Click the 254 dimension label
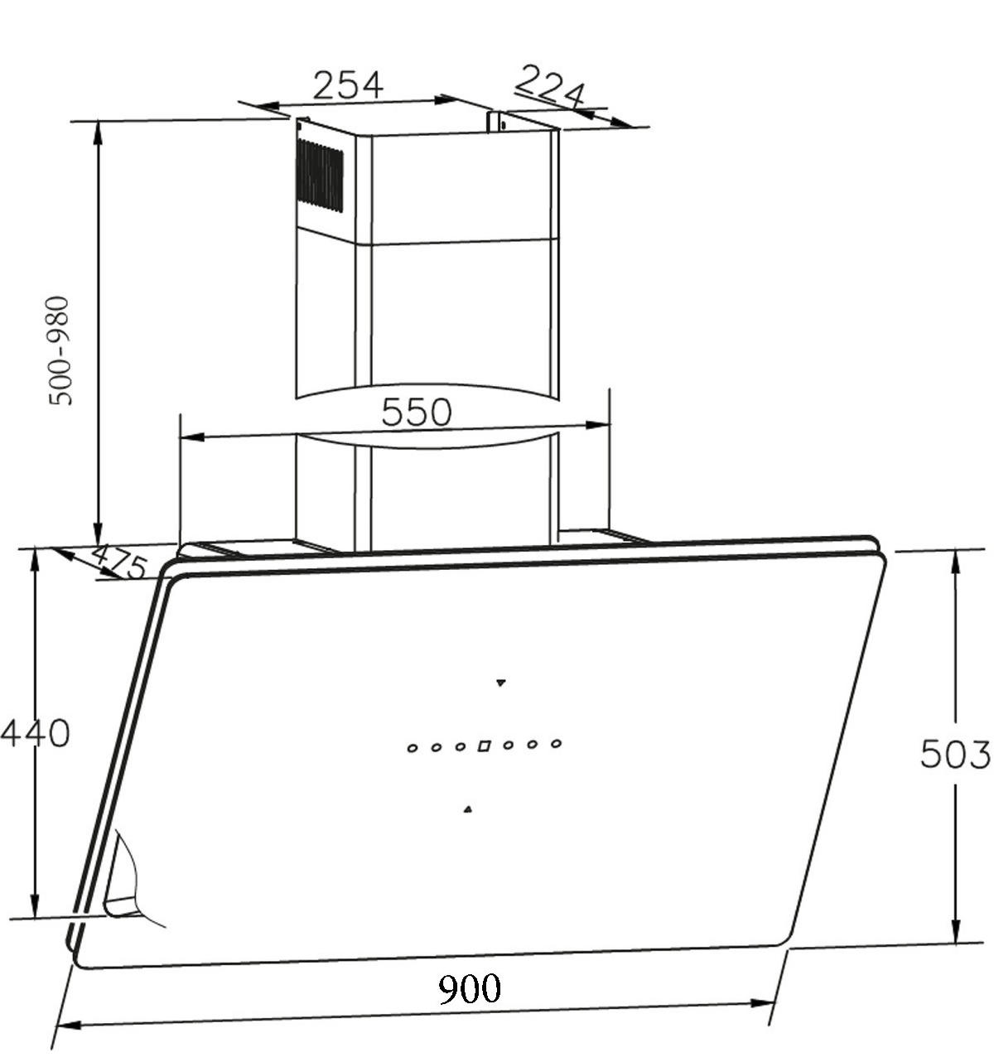[348, 84]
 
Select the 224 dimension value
[550, 85]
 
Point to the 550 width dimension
[416, 412]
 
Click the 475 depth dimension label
[118, 562]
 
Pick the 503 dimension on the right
[954, 755]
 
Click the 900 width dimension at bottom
[470, 988]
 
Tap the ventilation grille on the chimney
[320, 175]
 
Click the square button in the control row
[484, 746]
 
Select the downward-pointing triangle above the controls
[500, 683]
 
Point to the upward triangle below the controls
[468, 809]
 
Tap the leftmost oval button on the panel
[412, 748]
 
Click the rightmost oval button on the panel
[557, 743]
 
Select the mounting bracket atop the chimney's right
[498, 123]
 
